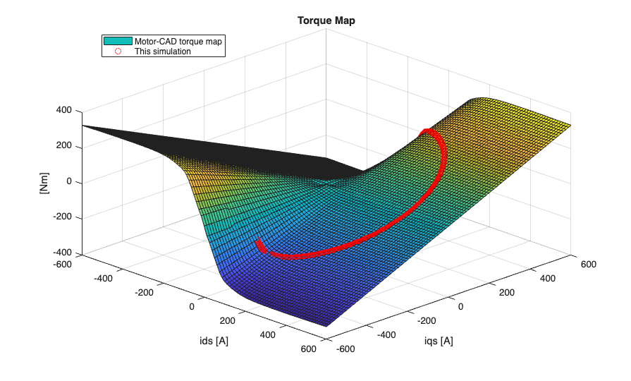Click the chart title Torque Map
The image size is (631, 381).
[x=326, y=20]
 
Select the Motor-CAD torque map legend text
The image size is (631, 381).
[x=178, y=42]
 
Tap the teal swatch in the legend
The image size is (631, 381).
[x=118, y=42]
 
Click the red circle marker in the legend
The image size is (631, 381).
[x=118, y=52]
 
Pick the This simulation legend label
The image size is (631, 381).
[x=163, y=52]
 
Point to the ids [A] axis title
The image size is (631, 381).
[x=214, y=341]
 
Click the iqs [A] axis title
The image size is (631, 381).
[x=437, y=341]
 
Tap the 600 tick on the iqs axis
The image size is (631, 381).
[x=588, y=265]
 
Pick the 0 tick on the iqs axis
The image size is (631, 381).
[x=461, y=307]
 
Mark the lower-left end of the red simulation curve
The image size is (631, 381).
[x=259, y=243]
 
